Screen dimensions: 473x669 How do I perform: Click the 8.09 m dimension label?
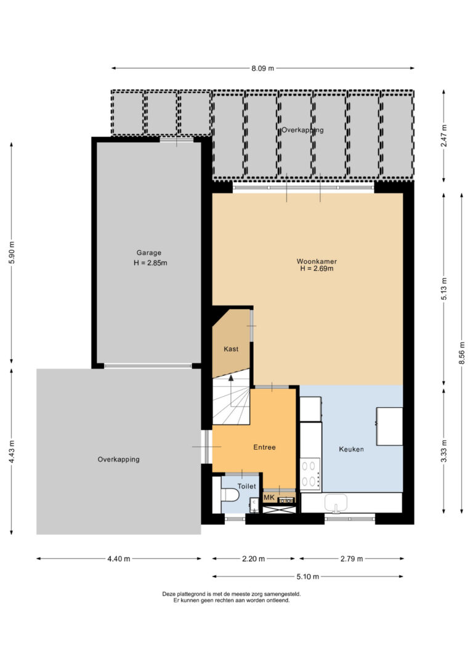coord(262,68)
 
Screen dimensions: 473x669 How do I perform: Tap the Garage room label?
coord(149,253)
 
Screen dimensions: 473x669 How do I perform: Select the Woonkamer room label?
coord(317,261)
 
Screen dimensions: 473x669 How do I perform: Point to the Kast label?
coord(231,349)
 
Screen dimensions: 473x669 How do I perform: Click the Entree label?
coord(264,447)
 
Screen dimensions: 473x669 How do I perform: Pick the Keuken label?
coord(352,449)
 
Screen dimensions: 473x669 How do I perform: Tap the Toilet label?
coord(246,486)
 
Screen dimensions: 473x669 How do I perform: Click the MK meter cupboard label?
coord(269,498)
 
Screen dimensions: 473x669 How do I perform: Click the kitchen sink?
coord(336,503)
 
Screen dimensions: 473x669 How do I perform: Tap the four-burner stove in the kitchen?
coord(310,474)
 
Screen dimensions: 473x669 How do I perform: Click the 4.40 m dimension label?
coord(119,559)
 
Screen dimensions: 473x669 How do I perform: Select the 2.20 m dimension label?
coord(253,559)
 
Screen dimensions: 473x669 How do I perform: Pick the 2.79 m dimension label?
coord(352,559)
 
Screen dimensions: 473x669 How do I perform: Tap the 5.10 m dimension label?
coord(307,577)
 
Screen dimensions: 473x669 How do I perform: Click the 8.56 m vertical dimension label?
coord(462,353)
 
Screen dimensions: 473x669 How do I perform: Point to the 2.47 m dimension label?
coord(444,136)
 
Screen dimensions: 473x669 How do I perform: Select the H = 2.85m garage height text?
coord(150,263)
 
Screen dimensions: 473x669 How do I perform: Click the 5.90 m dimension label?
coord(12,253)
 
